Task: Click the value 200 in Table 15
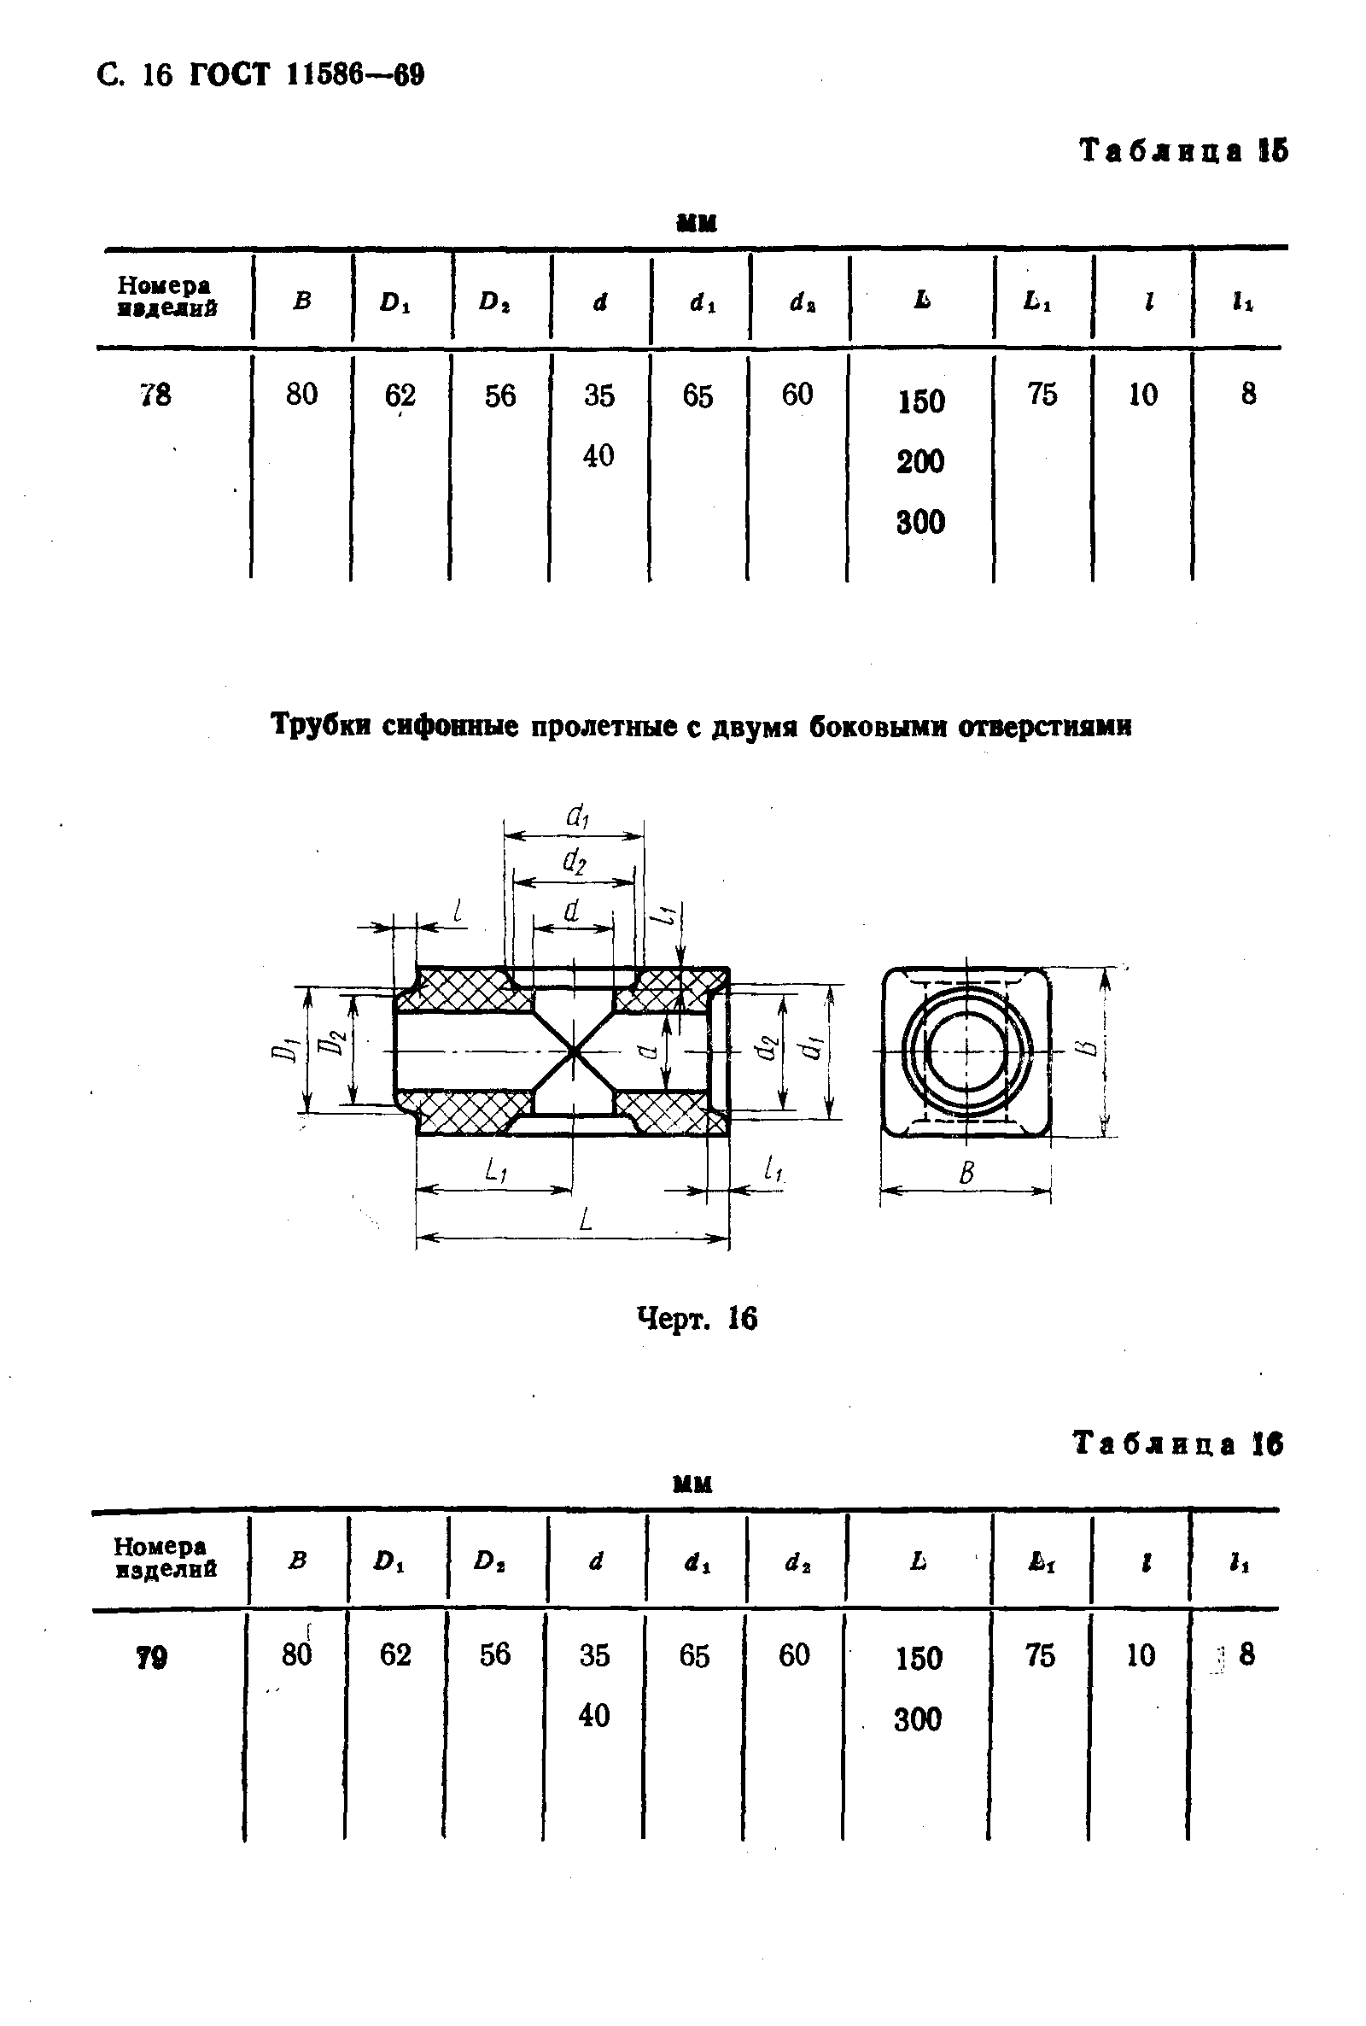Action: tap(921, 461)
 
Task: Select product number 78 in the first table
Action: tap(155, 395)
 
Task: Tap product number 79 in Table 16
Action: tap(152, 1658)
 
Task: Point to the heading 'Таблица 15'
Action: tap(1183, 150)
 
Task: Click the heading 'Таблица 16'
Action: tap(1178, 1443)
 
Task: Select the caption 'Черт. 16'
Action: tap(697, 1319)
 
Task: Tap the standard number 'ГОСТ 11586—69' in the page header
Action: tap(306, 75)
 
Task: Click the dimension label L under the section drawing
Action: tap(586, 1218)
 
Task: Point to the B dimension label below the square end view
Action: tap(966, 1174)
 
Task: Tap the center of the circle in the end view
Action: tap(967, 1051)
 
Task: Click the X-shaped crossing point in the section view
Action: tap(573, 1051)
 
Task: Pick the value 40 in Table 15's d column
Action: tap(598, 456)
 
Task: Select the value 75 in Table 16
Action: tap(1040, 1654)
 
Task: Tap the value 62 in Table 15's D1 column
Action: tap(400, 395)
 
